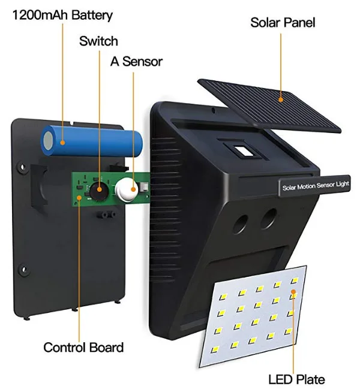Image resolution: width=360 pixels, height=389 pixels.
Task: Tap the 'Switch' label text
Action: point(98,41)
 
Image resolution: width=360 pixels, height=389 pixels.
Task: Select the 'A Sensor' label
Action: point(136,61)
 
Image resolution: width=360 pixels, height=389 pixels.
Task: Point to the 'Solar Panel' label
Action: point(282,23)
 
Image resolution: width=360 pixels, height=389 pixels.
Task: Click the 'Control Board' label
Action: point(83,347)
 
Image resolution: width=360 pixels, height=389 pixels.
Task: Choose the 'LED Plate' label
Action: point(296,379)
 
